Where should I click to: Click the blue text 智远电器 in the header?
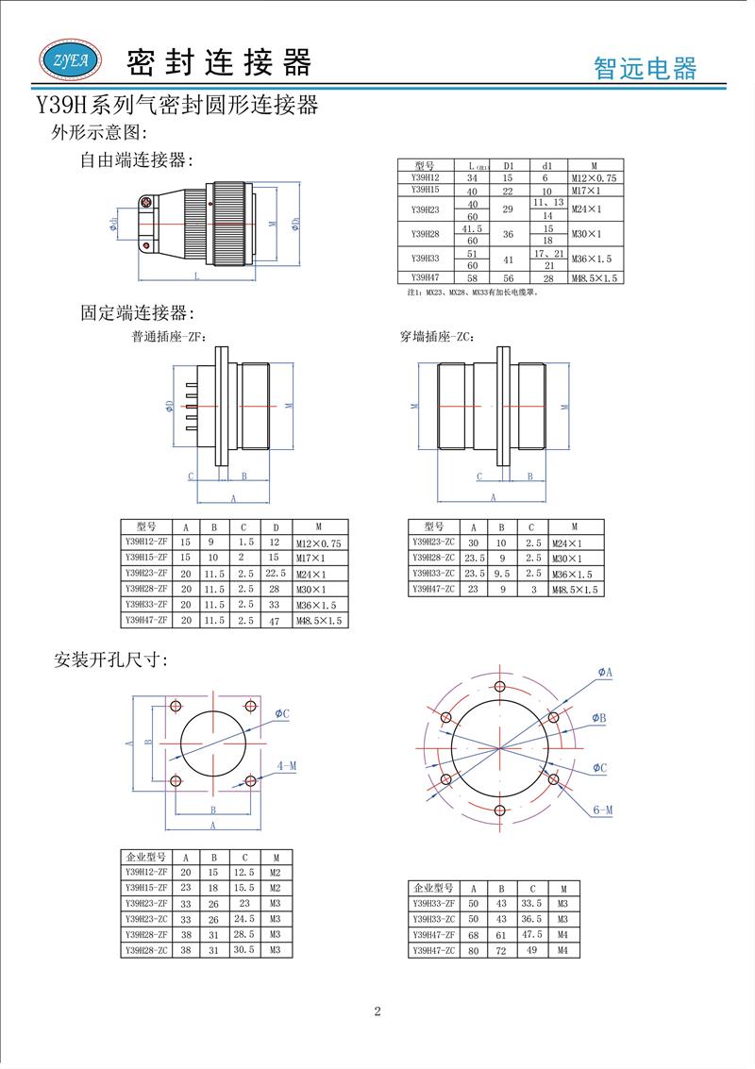pos(645,68)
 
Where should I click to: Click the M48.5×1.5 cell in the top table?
pos(594,278)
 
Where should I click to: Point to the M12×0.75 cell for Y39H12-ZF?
pos(318,543)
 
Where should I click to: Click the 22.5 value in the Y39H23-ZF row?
pos(276,574)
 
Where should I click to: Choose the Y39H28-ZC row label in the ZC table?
pos(433,558)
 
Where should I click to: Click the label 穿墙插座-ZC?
pos(437,336)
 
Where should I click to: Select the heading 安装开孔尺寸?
pos(110,660)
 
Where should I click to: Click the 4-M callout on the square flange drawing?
pos(287,766)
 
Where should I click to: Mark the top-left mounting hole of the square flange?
pos(176,707)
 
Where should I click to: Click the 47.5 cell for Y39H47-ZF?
pos(531,934)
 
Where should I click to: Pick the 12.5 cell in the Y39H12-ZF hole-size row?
pos(244,873)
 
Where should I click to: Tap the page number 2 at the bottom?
pos(377,1012)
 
